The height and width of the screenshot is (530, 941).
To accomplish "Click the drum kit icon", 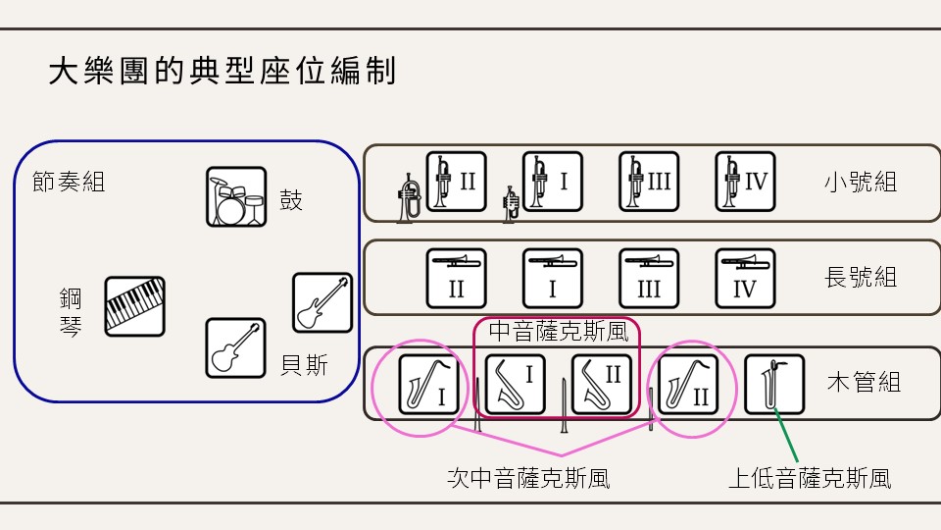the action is [x=236, y=196].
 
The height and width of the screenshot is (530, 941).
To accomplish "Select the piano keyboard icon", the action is [x=134, y=306].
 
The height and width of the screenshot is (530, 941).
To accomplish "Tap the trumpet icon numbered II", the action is [x=456, y=182].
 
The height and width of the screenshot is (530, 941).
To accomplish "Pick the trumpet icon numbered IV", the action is [x=745, y=182].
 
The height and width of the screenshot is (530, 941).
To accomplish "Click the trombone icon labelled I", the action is [x=553, y=278].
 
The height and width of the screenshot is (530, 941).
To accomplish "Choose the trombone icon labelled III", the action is [x=649, y=278].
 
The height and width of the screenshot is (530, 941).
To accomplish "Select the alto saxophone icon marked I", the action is [x=515, y=385].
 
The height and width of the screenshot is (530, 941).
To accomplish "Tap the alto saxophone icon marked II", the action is [x=602, y=385].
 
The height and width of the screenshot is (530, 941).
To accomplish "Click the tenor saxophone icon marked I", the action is [x=428, y=385].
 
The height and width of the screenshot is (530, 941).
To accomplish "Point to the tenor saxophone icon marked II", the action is [x=688, y=385].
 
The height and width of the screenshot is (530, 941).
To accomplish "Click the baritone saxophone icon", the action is [x=774, y=385].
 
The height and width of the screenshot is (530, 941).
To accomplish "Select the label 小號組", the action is [x=861, y=182].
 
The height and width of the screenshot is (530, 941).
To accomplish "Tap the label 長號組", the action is [x=861, y=277].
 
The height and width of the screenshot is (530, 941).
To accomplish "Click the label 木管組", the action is [x=864, y=382].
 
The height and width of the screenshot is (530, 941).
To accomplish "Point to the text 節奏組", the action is [x=69, y=182].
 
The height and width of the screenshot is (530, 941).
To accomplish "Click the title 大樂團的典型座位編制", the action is [x=223, y=71].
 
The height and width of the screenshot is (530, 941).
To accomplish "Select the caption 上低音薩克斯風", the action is [x=810, y=478].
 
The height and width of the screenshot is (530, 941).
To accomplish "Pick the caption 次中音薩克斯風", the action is [x=528, y=478].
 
